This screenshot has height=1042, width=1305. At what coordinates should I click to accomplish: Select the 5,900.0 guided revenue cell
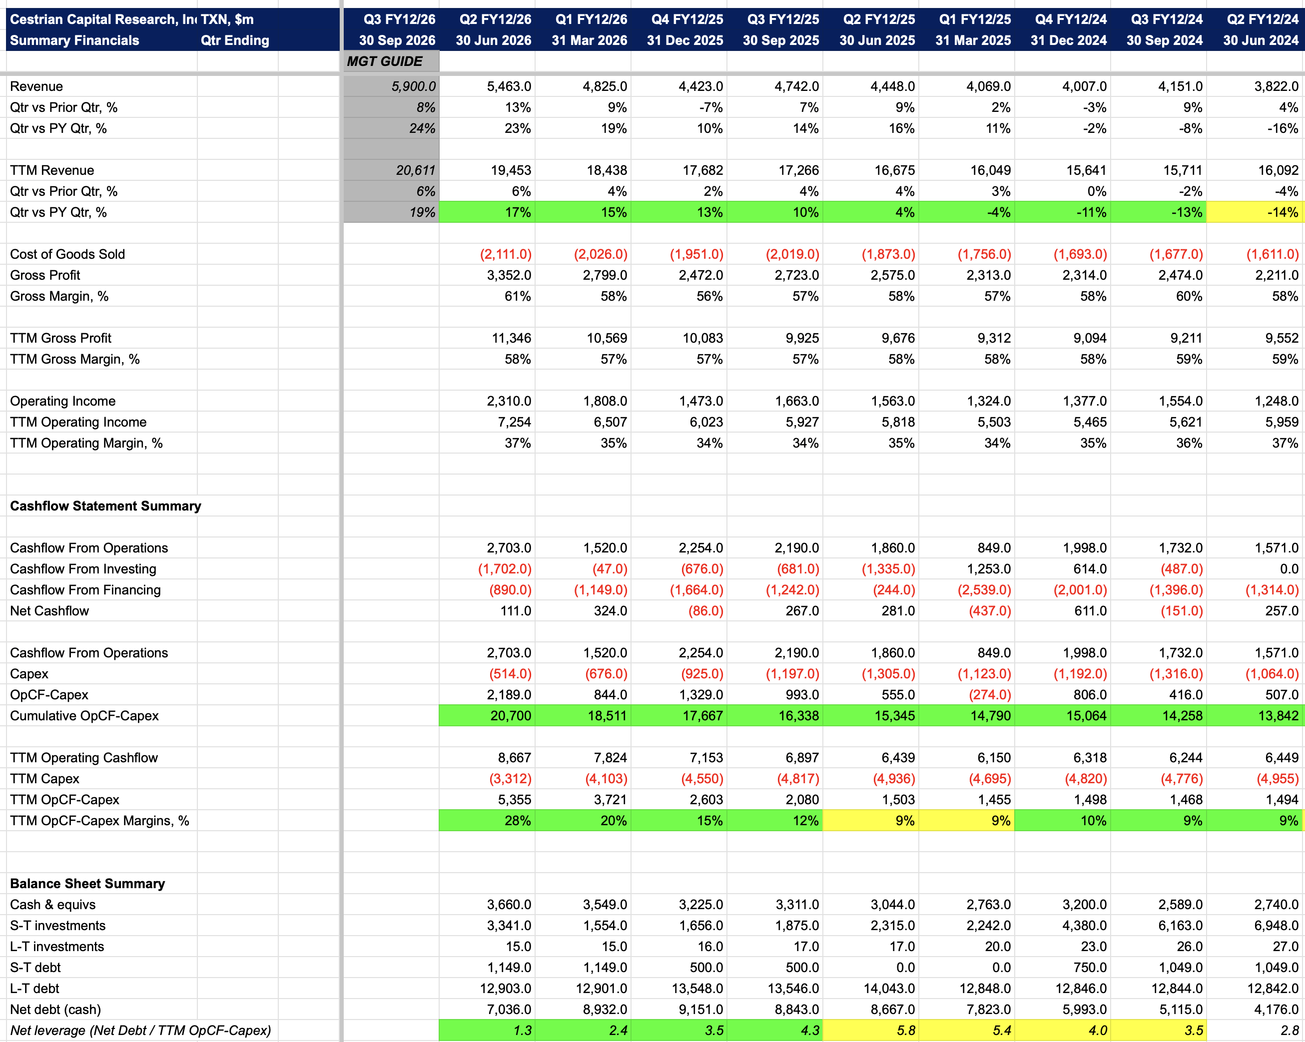click(413, 86)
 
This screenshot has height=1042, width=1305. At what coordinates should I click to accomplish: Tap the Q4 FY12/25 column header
click(687, 19)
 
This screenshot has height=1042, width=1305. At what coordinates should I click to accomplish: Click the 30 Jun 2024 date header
click(1261, 40)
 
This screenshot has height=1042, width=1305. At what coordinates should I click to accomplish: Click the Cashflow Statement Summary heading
click(105, 506)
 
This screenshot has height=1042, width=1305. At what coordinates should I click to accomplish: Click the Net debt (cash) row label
click(55, 1010)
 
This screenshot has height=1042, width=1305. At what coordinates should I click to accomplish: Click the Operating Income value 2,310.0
click(509, 401)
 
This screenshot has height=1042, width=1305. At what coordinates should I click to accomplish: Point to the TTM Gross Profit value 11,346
click(512, 338)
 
